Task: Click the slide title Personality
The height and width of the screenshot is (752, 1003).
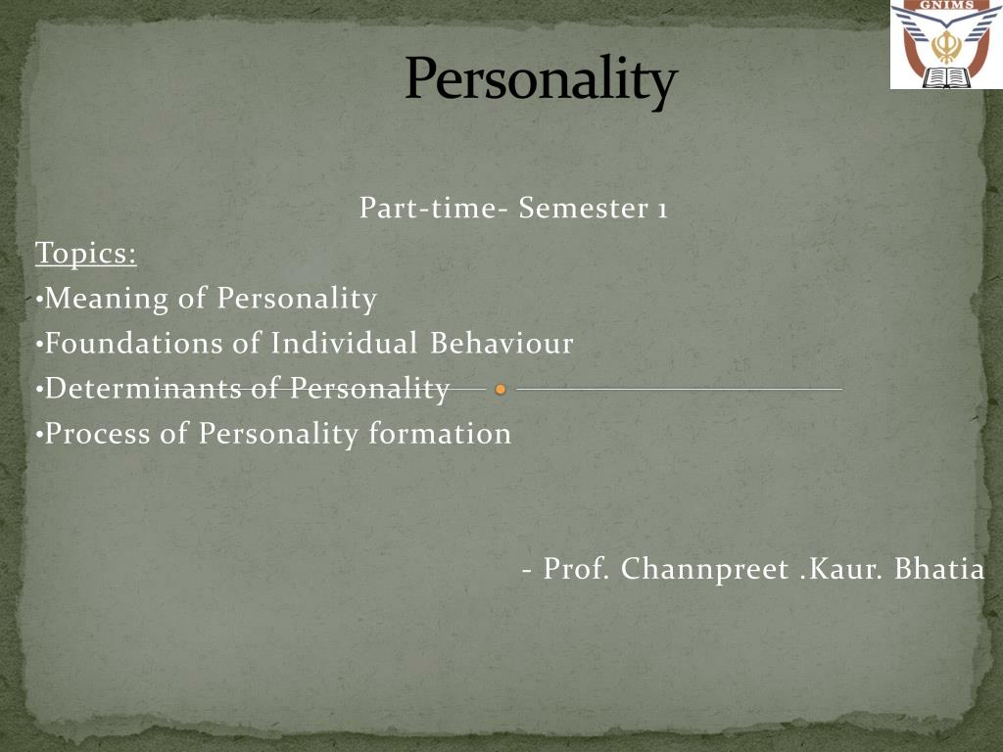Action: pyautogui.click(x=541, y=80)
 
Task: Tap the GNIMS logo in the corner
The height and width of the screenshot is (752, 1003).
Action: pyautogui.click(x=946, y=45)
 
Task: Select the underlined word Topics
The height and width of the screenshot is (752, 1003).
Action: pyautogui.click(x=86, y=254)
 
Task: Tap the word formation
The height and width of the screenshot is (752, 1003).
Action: pyautogui.click(x=440, y=434)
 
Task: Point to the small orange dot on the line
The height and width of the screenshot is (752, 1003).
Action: pyautogui.click(x=501, y=390)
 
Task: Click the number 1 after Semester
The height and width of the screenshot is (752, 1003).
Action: pyautogui.click(x=662, y=210)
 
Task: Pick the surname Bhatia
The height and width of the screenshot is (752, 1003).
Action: pyautogui.click(x=939, y=569)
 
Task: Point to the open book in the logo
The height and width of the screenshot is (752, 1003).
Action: pyautogui.click(x=944, y=77)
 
